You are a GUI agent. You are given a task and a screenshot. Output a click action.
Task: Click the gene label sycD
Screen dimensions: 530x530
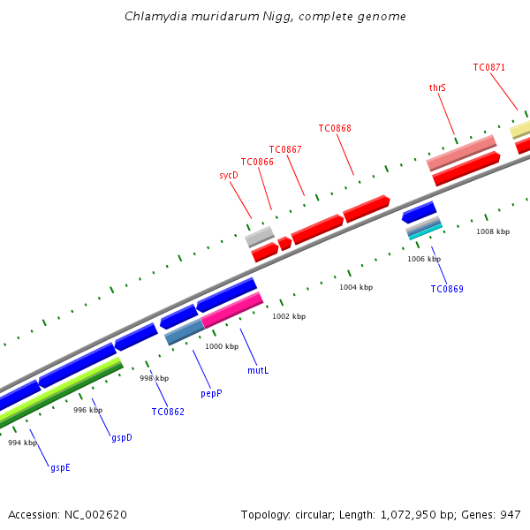coord(229,176)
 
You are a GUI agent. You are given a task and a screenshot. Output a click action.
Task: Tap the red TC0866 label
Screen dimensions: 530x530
coord(257,162)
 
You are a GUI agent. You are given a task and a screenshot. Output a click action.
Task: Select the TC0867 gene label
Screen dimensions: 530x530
coord(285,149)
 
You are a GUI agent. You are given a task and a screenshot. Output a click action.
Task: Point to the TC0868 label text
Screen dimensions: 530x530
coord(335,128)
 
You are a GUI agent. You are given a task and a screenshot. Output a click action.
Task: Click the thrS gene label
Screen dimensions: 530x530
coord(437,88)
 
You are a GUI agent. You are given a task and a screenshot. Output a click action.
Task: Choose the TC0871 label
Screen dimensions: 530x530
coord(488,67)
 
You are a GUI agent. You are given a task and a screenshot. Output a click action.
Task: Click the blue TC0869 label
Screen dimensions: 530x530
coord(447,289)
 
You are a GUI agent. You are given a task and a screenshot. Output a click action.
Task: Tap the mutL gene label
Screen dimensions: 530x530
coord(258,370)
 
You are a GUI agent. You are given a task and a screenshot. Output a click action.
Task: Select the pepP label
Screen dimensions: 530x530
coord(211,393)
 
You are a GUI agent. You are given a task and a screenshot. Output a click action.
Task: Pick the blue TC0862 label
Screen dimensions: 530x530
coord(168,411)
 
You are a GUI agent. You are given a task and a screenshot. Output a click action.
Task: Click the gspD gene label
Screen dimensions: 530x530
coord(122,437)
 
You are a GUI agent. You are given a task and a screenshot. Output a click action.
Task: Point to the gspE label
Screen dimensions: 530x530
coord(60,467)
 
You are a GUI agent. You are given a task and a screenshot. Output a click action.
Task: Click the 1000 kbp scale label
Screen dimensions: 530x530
coord(222,347)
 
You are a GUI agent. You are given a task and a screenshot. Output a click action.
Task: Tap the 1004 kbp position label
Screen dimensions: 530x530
coord(356,287)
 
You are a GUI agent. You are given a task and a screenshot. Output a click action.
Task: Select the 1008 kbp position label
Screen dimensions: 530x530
coord(493,231)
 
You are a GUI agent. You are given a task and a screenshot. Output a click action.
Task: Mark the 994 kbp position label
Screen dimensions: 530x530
coord(23,443)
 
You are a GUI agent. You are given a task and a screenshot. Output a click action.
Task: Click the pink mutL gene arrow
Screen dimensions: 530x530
coord(232,310)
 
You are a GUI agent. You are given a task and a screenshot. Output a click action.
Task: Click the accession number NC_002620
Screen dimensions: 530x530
coord(96,514)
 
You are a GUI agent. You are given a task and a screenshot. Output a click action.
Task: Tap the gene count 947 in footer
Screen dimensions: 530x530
coord(510,514)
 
